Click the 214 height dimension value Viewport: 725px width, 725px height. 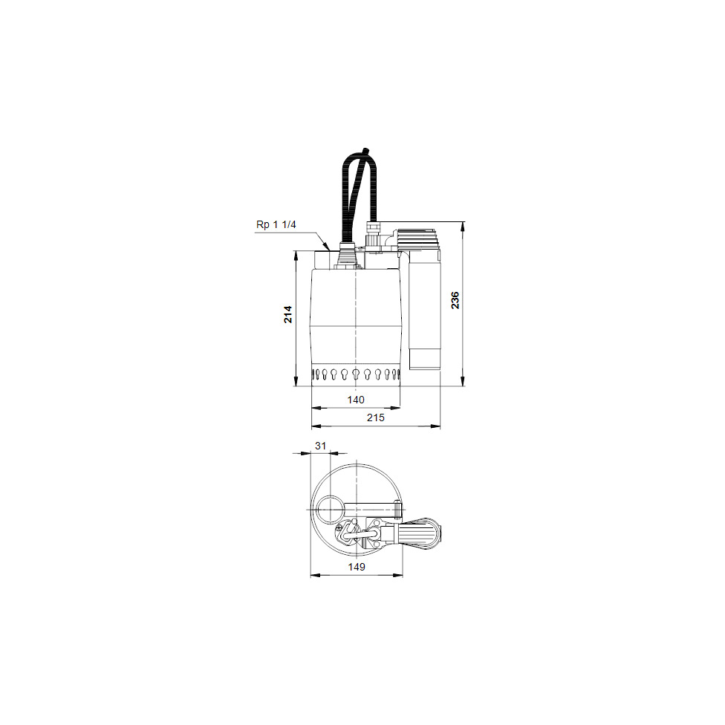coord(288,314)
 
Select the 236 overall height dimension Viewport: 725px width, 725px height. coord(455,300)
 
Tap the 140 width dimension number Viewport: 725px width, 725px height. coord(356,400)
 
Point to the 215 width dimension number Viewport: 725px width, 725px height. coord(375,417)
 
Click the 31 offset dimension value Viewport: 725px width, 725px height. coord(320,446)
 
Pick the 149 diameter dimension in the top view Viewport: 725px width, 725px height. coord(357,567)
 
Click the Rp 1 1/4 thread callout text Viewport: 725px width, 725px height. coord(276,224)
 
